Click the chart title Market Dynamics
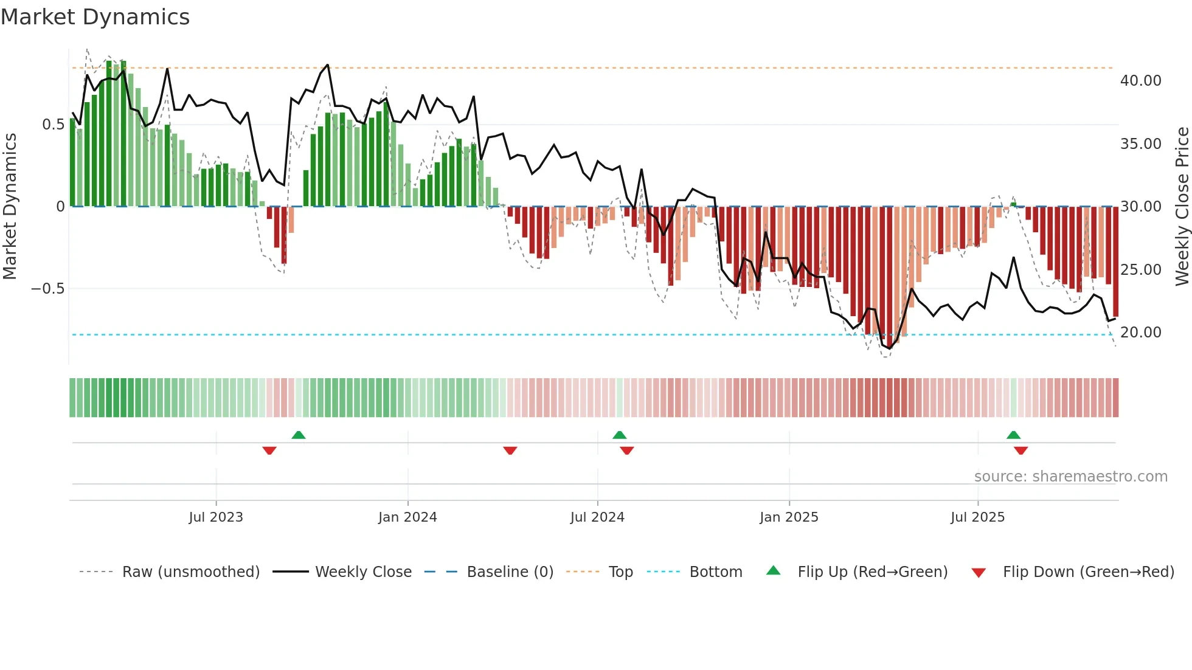click(x=95, y=17)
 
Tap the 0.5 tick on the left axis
click(x=53, y=125)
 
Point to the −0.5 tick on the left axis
click(x=47, y=288)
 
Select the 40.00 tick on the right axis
click(x=1140, y=81)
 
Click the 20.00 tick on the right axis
click(x=1140, y=333)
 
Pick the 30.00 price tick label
click(x=1140, y=207)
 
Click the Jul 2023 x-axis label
click(x=216, y=517)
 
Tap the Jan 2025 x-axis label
click(x=789, y=517)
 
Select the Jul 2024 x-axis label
click(x=597, y=517)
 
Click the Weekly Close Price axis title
click(x=1182, y=207)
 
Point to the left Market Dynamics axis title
click(x=10, y=207)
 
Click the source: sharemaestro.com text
click(x=1070, y=477)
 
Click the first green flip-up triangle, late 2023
click(x=299, y=435)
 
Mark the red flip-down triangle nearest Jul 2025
click(x=1020, y=451)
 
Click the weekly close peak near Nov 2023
click(x=328, y=65)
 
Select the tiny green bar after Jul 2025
click(x=1013, y=204)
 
